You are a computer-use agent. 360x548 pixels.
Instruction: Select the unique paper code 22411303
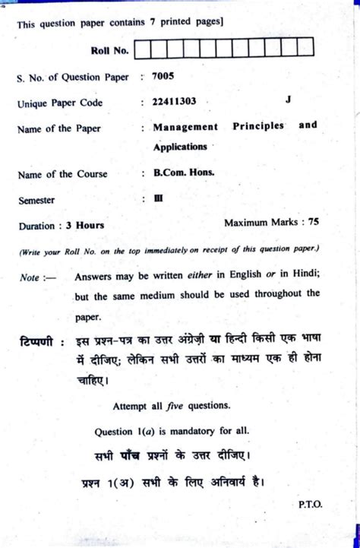(176, 102)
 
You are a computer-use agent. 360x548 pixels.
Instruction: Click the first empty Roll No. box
(144, 51)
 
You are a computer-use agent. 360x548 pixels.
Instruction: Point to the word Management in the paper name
(184, 126)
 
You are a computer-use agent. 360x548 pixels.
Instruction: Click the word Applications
(179, 146)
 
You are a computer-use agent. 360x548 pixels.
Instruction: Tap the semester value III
(159, 199)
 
